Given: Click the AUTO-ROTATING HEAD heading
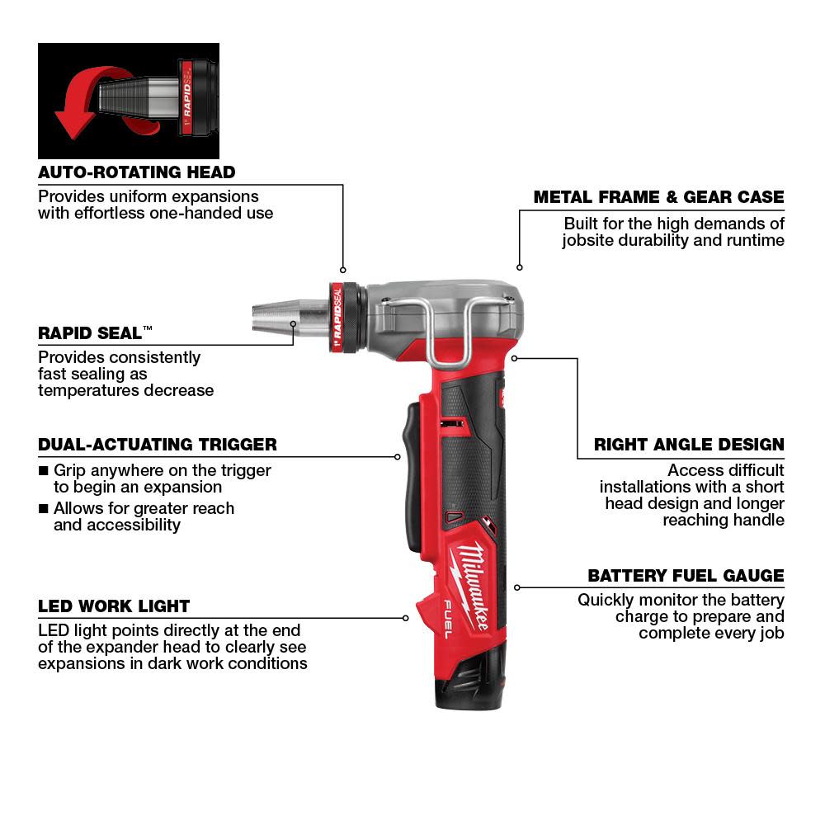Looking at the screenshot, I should coord(136,172).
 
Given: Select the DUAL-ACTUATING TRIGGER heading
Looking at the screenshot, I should coord(157,445).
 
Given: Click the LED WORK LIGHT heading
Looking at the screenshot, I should coord(114,606).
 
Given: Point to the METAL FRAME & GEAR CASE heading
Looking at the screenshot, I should coord(658,197).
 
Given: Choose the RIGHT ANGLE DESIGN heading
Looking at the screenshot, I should coord(689,445).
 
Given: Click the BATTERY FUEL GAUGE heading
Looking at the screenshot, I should coord(686,576).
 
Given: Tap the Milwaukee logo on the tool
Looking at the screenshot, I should coord(471,577).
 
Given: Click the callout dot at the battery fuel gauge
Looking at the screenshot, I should coord(517,587).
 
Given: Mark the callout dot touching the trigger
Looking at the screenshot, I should coord(397,455).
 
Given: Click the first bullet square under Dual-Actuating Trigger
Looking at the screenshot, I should coord(44,471).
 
